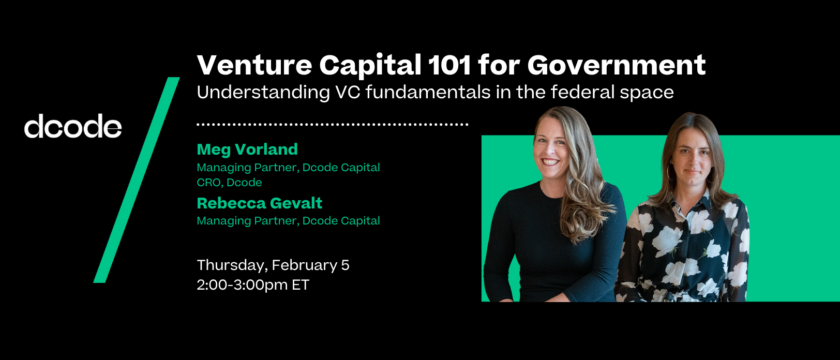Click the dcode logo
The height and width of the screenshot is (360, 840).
[73, 126]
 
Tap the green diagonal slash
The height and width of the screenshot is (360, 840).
[137, 180]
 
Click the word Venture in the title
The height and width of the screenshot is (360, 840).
[254, 65]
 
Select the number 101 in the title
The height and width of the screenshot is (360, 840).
[449, 65]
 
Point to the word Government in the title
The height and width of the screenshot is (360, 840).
[617, 65]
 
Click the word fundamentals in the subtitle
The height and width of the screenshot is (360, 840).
[428, 92]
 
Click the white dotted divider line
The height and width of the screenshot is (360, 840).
[333, 124]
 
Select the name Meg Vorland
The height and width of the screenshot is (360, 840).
[247, 149]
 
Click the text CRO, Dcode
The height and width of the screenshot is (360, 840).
[229, 182]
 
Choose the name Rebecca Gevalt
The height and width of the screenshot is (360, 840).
[260, 203]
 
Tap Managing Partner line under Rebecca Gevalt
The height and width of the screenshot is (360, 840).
[289, 221]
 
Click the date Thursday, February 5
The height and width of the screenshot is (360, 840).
[273, 265]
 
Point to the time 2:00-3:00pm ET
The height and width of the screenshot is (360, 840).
[253, 285]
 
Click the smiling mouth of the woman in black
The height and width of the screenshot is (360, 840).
[550, 161]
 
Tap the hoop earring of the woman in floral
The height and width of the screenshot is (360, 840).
[670, 173]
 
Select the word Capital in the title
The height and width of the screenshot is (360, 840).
[370, 65]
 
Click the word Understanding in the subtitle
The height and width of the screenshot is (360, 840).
[263, 92]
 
